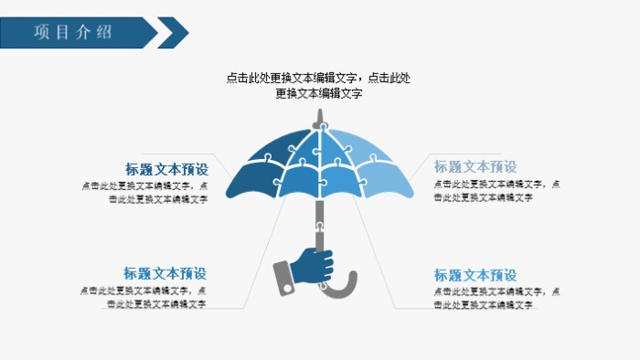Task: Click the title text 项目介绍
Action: [73, 32]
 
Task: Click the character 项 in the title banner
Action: [42, 32]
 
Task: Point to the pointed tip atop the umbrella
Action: [319, 116]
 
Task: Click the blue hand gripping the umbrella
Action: [314, 268]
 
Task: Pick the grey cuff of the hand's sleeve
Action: [284, 276]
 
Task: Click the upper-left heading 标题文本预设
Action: [165, 169]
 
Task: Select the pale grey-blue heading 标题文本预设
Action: [475, 166]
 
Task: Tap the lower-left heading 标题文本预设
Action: [165, 273]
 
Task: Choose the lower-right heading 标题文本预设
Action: [475, 275]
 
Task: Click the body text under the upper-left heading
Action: [144, 192]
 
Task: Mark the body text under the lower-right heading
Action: [496, 297]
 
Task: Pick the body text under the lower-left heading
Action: [144, 297]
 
